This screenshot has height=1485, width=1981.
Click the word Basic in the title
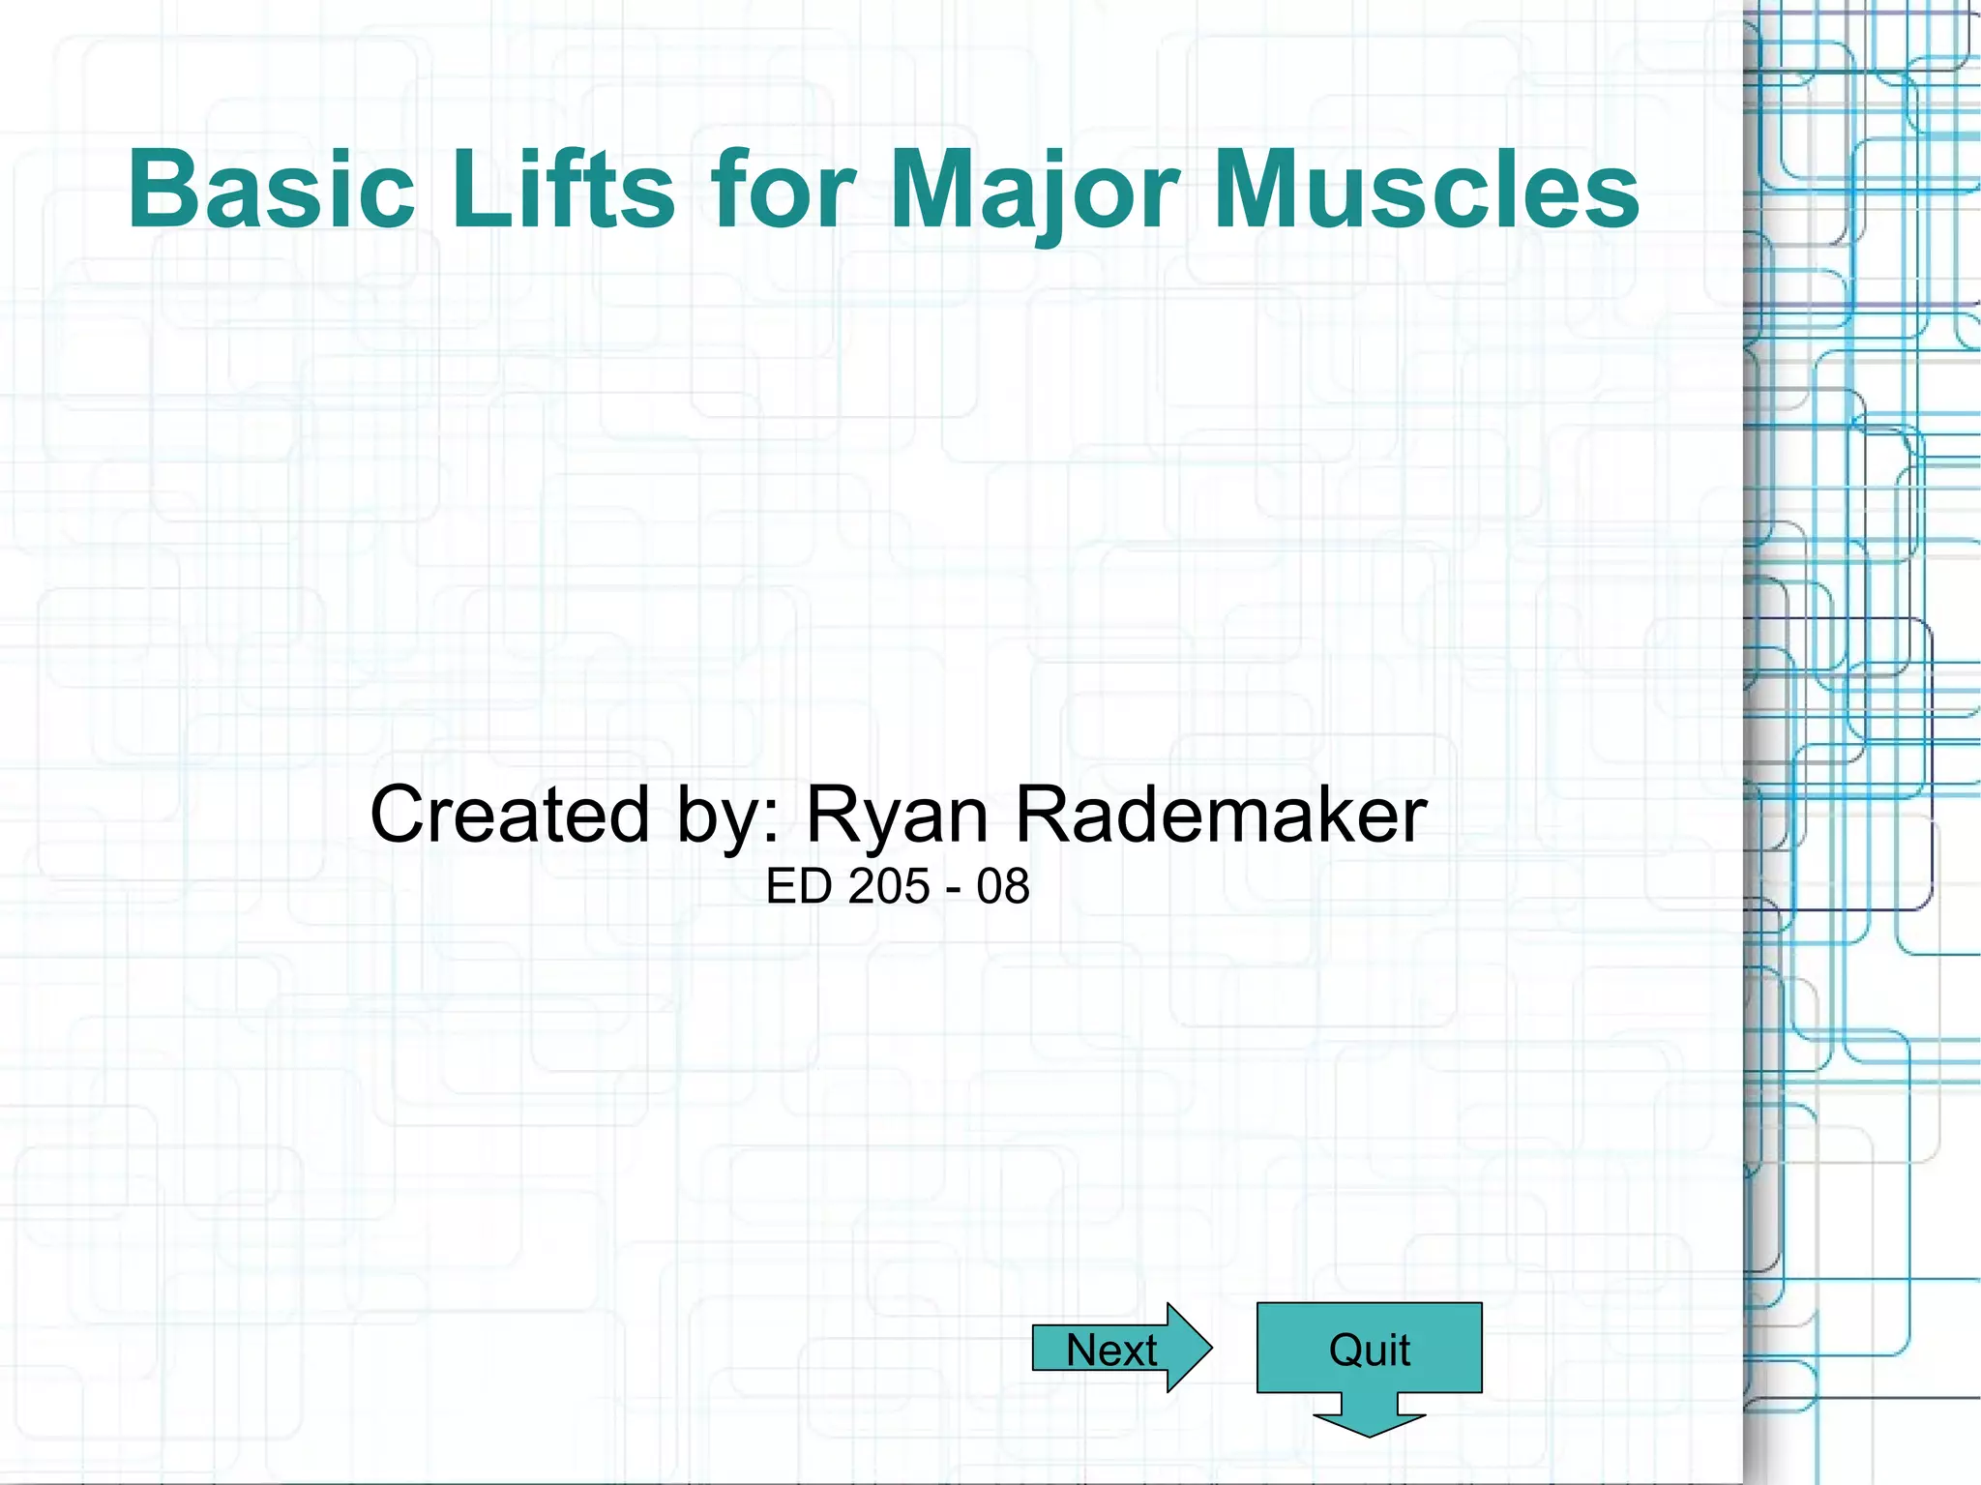[271, 190]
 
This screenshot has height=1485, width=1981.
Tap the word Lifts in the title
[563, 190]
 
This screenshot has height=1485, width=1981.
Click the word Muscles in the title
[1426, 190]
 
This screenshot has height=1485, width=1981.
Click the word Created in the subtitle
[509, 815]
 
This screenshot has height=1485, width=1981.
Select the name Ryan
[897, 815]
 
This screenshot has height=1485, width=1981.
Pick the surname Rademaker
[1221, 815]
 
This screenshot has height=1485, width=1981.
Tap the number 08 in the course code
[1003, 886]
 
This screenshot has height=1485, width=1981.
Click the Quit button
[1369, 1349]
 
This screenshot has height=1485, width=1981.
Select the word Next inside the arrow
[1111, 1350]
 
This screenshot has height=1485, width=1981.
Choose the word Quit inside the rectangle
[1369, 1350]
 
